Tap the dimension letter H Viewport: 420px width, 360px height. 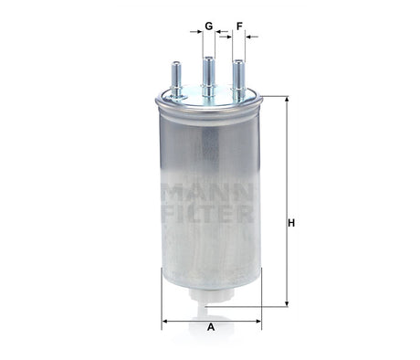291,224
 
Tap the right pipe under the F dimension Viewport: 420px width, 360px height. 239,75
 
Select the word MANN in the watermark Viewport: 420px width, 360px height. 209,195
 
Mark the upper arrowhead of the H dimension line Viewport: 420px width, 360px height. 287,100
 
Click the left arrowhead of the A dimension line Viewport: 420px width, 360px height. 166,320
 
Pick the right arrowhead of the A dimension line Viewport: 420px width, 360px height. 258,320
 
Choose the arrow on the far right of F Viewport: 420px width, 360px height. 254,37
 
